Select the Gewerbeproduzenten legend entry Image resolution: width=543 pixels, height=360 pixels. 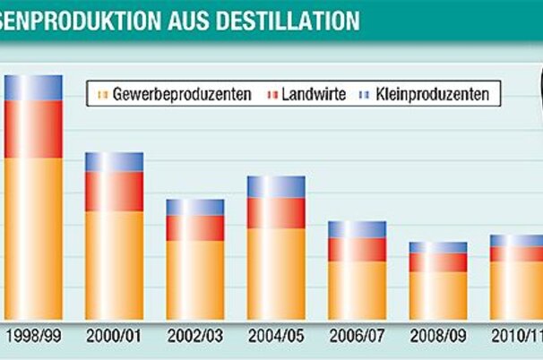point(176,93)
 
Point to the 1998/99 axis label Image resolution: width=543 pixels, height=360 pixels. point(34,338)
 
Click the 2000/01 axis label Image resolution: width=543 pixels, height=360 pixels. point(115,338)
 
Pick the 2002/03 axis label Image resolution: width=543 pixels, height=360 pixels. point(195,338)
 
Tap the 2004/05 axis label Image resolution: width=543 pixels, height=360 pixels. point(276,338)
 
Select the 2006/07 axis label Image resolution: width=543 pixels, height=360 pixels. point(357,338)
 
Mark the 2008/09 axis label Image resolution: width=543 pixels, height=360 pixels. point(437,338)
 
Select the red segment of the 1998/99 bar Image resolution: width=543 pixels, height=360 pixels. point(33,129)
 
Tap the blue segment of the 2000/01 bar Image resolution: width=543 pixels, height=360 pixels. point(114,162)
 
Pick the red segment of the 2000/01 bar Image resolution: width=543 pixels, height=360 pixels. point(114,191)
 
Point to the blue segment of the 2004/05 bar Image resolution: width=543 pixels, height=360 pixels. point(276,186)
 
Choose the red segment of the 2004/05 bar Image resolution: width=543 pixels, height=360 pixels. point(276,213)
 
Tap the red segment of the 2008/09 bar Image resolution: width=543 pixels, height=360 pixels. point(437,261)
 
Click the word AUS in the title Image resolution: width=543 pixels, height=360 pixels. point(190,19)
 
